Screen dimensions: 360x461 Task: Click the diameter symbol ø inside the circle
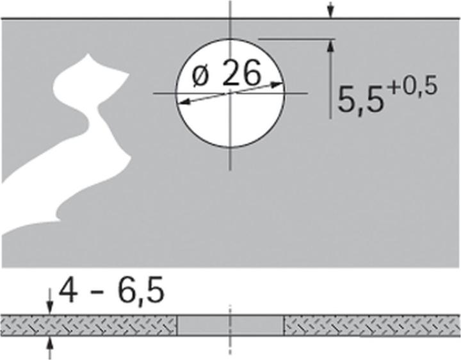point(199,78)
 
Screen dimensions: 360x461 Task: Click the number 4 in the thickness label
point(68,291)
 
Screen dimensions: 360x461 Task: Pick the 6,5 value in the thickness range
point(141,291)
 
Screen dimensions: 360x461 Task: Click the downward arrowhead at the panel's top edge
point(330,13)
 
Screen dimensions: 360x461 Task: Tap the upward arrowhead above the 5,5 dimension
point(330,45)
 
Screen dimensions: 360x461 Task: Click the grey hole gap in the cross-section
point(230,325)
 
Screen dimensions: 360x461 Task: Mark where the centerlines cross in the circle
point(230,93)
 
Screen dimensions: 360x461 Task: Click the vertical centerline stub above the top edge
point(230,9)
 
